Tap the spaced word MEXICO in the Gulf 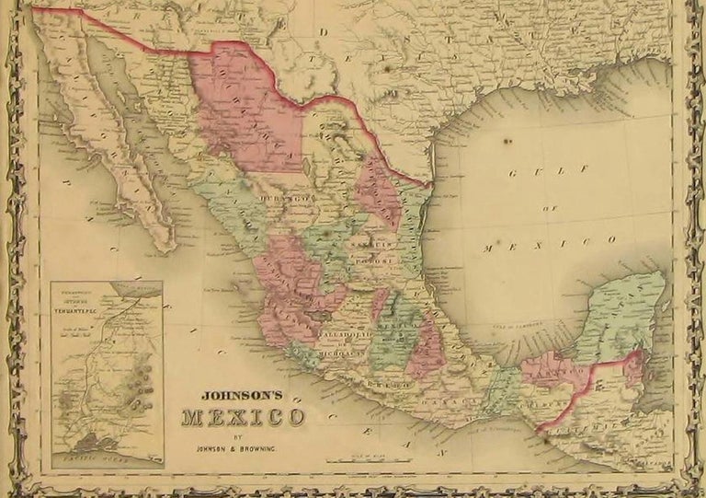[549, 244]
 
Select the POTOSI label [374, 260]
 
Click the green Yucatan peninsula [625, 313]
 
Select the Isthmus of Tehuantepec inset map [107, 373]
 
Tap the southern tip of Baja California [165, 247]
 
